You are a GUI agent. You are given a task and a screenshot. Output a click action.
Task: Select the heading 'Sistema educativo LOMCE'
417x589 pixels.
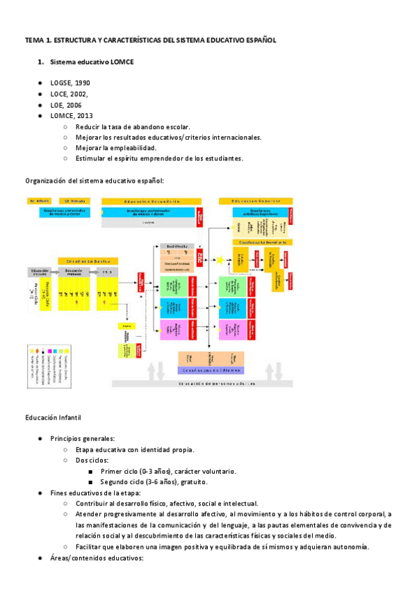[x=92, y=63]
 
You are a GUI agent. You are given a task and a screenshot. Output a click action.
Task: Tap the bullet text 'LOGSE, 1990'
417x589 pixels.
[x=70, y=83]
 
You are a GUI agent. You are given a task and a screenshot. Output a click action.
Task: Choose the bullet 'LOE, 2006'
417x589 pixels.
[x=66, y=105]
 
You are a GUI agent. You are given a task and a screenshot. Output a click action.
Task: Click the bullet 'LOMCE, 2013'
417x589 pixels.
[x=72, y=116]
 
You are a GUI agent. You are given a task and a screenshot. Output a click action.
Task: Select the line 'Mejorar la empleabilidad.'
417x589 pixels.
[x=116, y=148]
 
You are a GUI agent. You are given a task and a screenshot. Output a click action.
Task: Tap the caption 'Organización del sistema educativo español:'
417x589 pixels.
[x=95, y=181]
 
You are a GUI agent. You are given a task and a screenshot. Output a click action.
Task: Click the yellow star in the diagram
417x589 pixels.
[x=220, y=260]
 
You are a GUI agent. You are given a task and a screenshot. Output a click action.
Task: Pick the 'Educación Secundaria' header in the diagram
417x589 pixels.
[x=141, y=201]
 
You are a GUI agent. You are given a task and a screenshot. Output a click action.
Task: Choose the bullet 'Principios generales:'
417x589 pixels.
[x=83, y=439]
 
